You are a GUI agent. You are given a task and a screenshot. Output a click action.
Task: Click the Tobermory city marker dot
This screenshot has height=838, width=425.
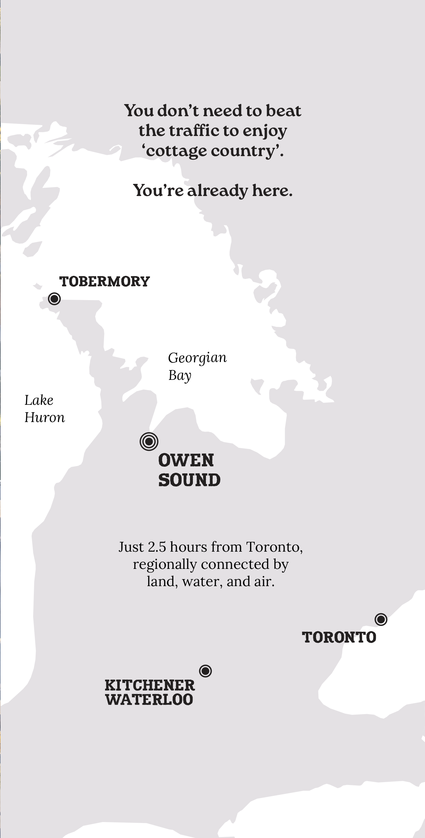click(54, 298)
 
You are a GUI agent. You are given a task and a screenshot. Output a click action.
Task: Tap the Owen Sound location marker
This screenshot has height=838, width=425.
click(149, 442)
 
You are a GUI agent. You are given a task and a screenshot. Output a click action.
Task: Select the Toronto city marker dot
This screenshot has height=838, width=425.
click(381, 619)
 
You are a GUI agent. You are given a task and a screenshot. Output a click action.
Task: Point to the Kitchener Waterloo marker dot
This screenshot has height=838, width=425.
click(205, 671)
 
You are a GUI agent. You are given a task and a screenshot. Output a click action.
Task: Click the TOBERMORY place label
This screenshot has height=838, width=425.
click(104, 282)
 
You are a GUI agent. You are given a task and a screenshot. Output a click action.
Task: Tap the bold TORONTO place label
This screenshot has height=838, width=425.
click(339, 638)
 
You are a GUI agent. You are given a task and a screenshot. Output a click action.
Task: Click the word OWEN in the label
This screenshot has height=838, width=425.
click(186, 461)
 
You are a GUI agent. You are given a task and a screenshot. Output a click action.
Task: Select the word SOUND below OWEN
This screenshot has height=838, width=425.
click(189, 480)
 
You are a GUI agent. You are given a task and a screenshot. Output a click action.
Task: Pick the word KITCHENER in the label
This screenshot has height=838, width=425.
click(150, 685)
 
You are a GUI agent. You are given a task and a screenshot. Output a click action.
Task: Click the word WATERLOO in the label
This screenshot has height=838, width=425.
click(149, 699)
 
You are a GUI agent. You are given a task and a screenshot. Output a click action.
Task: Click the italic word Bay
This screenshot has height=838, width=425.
click(180, 376)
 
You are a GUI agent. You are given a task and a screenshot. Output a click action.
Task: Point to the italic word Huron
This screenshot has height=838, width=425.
click(45, 418)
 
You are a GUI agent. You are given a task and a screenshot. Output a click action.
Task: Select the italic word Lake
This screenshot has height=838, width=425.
click(39, 400)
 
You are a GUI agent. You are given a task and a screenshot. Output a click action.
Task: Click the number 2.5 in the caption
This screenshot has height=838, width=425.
click(157, 547)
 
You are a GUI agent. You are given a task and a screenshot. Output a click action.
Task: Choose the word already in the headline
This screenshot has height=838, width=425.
click(217, 191)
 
